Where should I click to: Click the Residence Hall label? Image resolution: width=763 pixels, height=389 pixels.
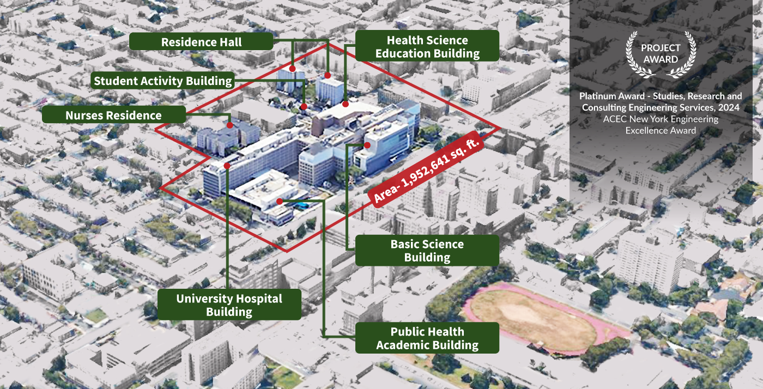[202, 42]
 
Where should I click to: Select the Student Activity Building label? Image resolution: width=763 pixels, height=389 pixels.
[163, 81]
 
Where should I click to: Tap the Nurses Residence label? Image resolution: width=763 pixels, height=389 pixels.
[113, 115]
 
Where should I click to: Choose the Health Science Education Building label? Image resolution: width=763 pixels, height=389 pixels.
[427, 47]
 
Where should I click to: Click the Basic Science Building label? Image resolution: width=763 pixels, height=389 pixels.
[427, 251]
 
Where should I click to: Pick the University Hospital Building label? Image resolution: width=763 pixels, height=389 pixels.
[229, 305]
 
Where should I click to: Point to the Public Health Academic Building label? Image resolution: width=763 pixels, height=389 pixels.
[427, 338]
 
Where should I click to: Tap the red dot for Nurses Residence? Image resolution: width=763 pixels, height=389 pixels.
[230, 125]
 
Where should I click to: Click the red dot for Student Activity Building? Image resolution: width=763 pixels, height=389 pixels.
[304, 107]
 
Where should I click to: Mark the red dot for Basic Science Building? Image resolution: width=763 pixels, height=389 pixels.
[367, 145]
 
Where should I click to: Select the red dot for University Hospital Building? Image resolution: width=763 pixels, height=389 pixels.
[227, 165]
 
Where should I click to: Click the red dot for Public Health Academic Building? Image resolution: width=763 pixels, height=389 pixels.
[280, 202]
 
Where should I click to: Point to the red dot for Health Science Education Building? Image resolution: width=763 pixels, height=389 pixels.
[346, 103]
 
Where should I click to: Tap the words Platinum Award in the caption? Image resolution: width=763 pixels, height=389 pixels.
[604, 96]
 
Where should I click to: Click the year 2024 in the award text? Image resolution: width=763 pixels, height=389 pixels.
[729, 108]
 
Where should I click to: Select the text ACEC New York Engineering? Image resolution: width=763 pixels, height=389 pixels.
[661, 119]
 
